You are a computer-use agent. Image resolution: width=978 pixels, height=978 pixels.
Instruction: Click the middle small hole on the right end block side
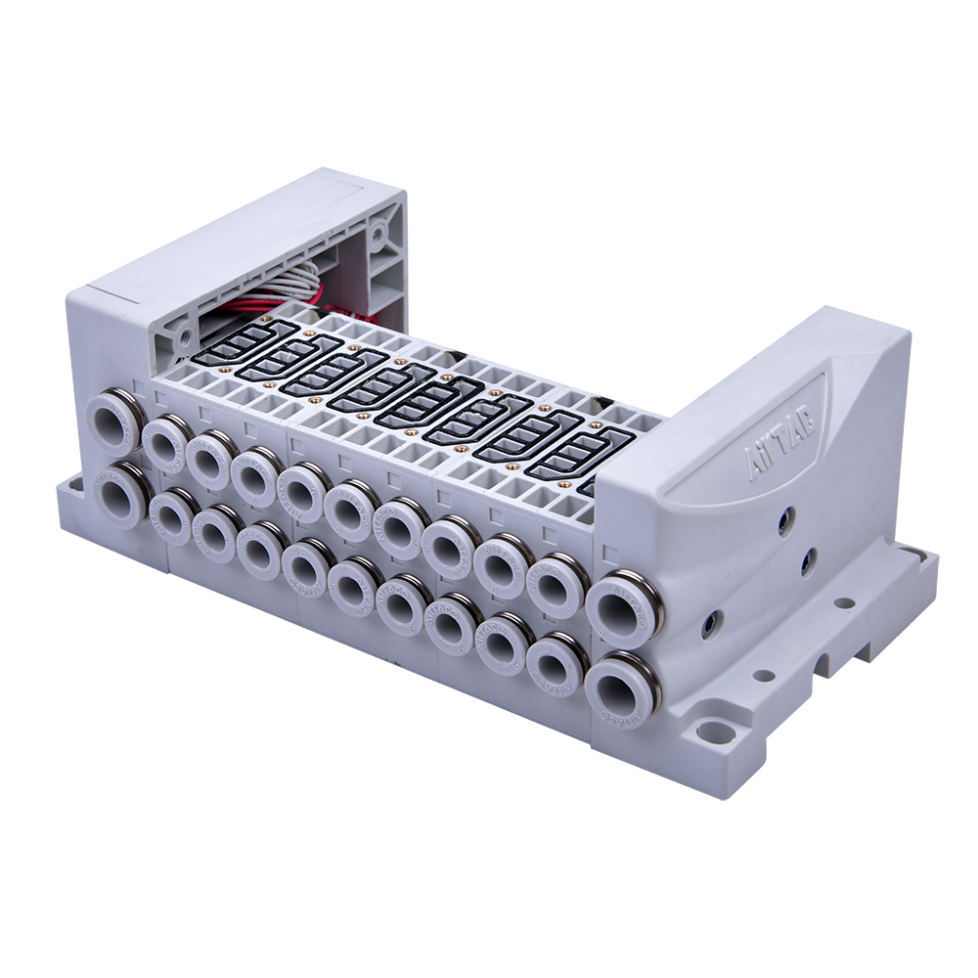point(808,560)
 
